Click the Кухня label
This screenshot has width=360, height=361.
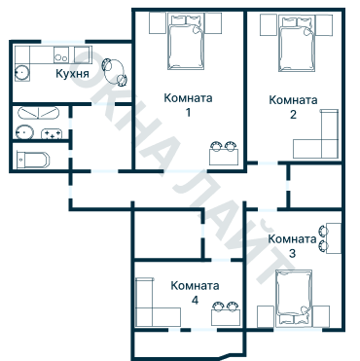pos(73,73)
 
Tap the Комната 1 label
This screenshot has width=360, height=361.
pos(189,105)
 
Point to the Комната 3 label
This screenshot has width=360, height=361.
pos(292,246)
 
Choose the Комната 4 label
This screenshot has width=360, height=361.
pos(195,293)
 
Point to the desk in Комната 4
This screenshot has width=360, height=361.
pos(227,313)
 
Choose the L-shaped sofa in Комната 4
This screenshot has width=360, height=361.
pos(151,306)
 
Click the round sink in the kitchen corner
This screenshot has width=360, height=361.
pos(21,70)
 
